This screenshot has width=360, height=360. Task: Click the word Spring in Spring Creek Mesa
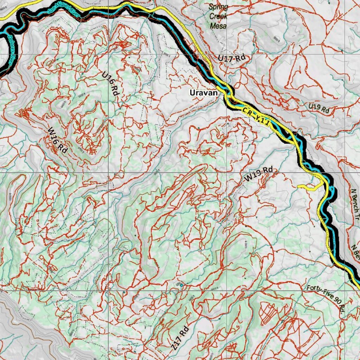218,7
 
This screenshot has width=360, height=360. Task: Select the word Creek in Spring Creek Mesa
218,16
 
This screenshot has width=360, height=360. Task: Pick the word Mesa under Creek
218,26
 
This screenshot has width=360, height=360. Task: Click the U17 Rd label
231,58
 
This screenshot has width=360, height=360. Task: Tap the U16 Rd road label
110,84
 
